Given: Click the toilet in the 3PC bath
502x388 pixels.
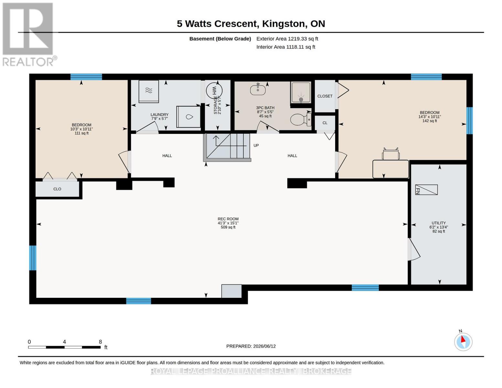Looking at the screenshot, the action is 301,120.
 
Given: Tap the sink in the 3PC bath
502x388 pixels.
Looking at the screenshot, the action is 258,89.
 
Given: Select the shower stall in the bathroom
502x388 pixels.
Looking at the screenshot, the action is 301,92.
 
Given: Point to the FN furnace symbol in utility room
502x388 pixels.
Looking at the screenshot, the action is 426,190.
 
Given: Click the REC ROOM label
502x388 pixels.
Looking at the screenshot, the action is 228,219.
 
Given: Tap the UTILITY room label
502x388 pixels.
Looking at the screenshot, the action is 438,223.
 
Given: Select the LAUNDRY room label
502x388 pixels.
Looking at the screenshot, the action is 159,114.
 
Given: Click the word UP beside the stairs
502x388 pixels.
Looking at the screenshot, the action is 256,145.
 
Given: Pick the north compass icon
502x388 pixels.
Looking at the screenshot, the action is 463,341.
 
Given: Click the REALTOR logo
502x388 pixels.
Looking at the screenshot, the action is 29,35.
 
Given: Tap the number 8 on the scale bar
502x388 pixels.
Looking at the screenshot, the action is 100,342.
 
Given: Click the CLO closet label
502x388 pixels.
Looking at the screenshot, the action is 57,189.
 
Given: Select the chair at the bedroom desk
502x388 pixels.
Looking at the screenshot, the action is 390,154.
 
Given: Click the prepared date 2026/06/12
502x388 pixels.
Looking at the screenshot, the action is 264,346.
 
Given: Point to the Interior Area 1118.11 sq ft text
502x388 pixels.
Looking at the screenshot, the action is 286,47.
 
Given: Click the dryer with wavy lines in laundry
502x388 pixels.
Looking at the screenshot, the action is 149,91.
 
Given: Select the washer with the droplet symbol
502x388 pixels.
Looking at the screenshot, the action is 188,117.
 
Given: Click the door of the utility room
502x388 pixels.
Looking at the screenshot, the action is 414,250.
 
